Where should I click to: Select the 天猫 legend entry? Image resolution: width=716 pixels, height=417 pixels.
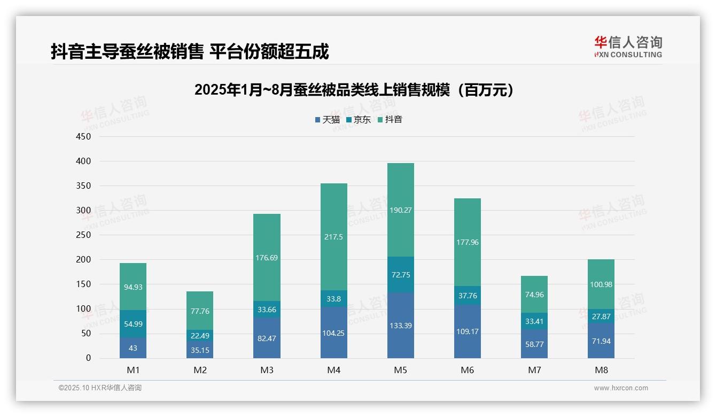tap(327, 120)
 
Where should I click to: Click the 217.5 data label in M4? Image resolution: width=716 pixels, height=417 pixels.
tap(333, 237)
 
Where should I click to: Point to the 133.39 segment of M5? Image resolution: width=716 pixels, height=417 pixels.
tap(400, 326)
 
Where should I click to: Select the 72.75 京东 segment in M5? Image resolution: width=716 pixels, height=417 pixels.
tap(400, 275)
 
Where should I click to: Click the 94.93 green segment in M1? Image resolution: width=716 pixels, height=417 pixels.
tap(133, 287)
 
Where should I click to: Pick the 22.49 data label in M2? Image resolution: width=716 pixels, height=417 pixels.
tap(200, 335)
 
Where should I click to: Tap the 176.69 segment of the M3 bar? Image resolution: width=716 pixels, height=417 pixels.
tap(267, 258)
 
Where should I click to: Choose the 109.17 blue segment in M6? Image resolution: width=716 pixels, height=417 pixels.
tap(468, 331)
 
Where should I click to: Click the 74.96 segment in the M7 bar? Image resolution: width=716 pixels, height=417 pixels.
tap(534, 295)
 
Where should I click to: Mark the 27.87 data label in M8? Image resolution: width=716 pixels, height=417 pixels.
tap(601, 316)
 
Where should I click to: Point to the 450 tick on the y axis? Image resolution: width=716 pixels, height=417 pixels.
tap(84, 136)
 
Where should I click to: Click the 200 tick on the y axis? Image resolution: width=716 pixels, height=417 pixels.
tap(84, 260)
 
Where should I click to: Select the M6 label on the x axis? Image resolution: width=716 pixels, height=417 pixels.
tap(468, 370)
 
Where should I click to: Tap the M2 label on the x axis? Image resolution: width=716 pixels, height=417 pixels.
tap(200, 370)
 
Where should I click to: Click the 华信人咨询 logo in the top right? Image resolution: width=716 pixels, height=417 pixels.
tap(628, 47)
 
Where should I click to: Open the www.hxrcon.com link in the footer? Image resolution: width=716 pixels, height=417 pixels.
tap(621, 388)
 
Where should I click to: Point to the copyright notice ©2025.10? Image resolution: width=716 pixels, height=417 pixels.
tap(100, 388)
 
